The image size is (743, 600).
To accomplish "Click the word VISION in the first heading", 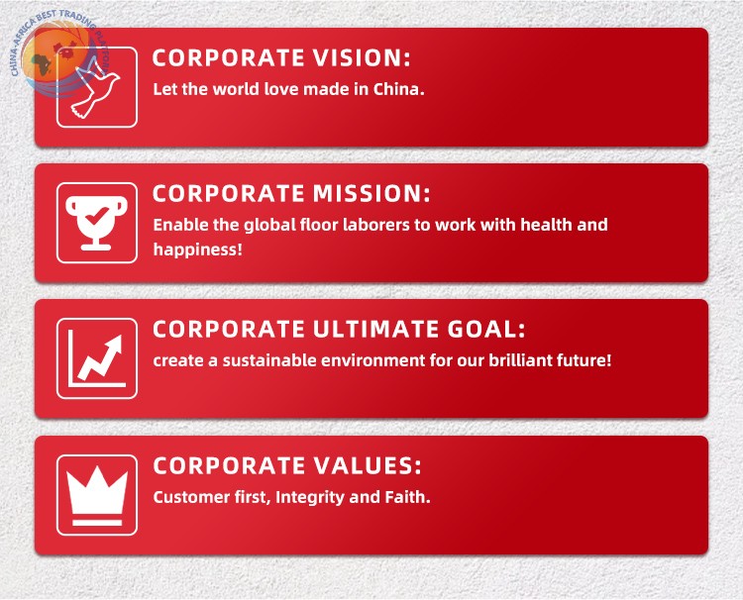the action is click(x=361, y=57).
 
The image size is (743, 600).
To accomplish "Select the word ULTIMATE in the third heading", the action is click(x=375, y=329).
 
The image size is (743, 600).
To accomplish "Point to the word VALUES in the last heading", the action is click(x=368, y=465).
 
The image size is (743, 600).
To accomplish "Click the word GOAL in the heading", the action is click(x=486, y=329).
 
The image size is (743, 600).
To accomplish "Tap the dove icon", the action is click(x=96, y=91).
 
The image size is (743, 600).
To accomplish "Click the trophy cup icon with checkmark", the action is click(x=97, y=223).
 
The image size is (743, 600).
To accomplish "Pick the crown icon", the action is click(x=97, y=495).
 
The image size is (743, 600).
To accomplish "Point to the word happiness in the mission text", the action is click(x=197, y=250).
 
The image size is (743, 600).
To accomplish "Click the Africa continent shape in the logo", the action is click(x=42, y=65).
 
